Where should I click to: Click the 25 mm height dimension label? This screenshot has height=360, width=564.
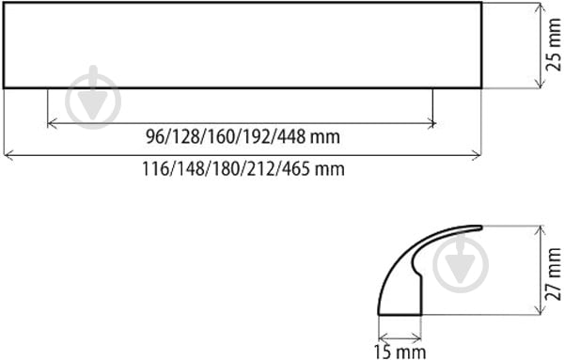coord(554,44)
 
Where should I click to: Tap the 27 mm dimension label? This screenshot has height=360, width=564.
coord(554,274)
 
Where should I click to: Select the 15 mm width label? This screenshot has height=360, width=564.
coord(399,352)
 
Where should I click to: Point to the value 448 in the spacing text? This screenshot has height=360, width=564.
coord(291,137)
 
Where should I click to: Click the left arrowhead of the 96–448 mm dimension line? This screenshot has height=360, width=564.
coord(52,124)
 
